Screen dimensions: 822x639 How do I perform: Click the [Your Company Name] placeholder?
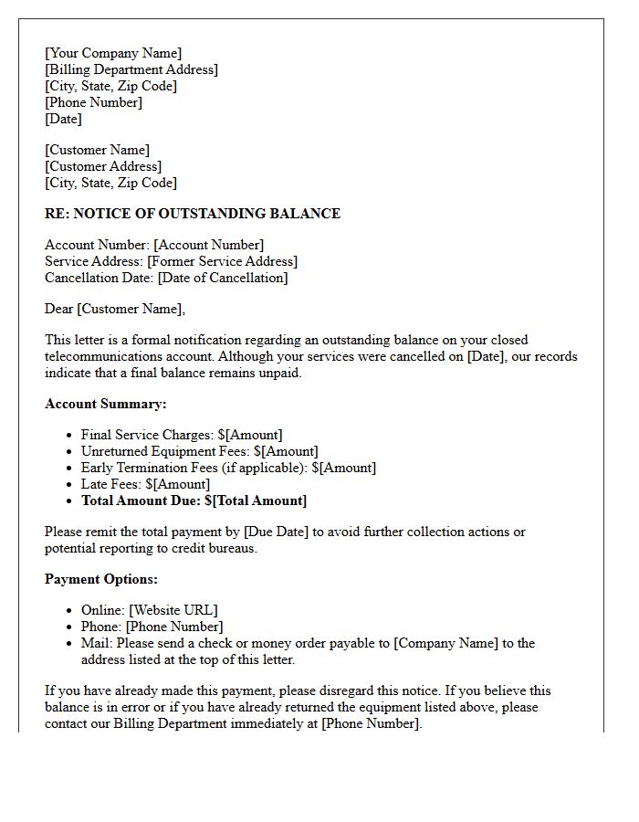pyautogui.click(x=113, y=53)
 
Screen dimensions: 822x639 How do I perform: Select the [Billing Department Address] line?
pyautogui.click(x=131, y=69)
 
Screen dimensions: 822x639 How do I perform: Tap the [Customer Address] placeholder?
pyautogui.click(x=103, y=166)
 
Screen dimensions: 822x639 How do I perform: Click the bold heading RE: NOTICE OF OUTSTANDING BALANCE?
pyautogui.click(x=193, y=214)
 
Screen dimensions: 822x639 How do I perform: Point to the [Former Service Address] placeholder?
pyautogui.click(x=222, y=261)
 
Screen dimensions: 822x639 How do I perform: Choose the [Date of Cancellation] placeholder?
pyautogui.click(x=222, y=278)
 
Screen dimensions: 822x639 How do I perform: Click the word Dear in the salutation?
pyautogui.click(x=59, y=309)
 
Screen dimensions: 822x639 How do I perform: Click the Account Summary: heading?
pyautogui.click(x=106, y=404)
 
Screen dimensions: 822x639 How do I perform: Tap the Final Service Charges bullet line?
pyautogui.click(x=182, y=435)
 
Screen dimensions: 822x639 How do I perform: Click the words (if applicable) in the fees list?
pyautogui.click(x=266, y=468)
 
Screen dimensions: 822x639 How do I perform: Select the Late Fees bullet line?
pyautogui.click(x=145, y=484)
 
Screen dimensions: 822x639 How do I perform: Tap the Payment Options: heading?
pyautogui.click(x=101, y=579)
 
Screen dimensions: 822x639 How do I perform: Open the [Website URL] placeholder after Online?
pyautogui.click(x=173, y=610)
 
